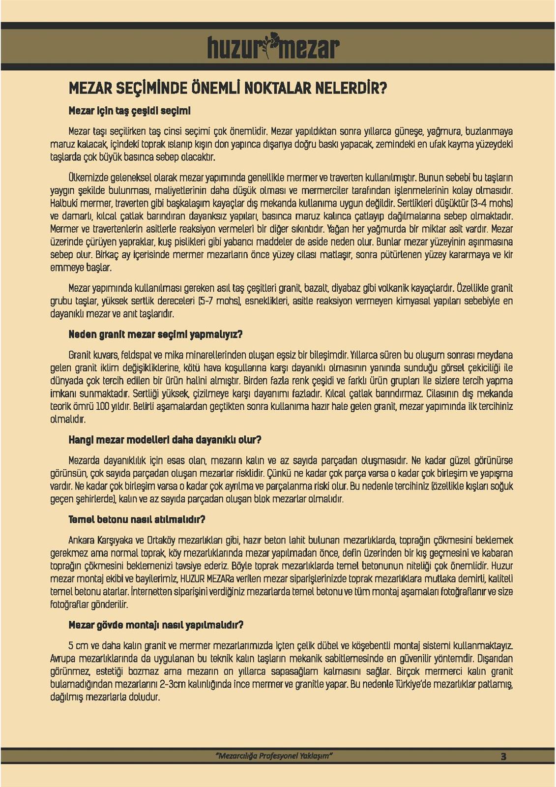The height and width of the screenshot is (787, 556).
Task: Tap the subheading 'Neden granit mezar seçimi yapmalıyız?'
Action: [155, 334]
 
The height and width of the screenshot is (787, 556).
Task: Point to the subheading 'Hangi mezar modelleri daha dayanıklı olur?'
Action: [165, 440]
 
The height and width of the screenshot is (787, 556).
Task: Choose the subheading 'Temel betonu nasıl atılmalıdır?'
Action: [137, 519]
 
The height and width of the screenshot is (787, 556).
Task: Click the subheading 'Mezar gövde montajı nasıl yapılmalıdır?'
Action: [156, 625]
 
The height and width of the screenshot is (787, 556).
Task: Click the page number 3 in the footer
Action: [503, 757]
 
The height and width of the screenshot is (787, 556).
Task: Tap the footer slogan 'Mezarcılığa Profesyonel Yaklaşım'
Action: [274, 756]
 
